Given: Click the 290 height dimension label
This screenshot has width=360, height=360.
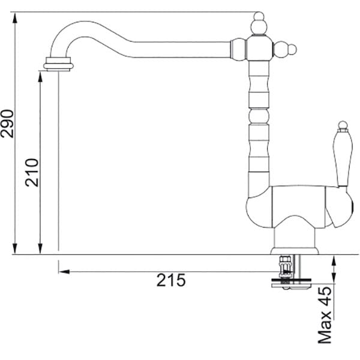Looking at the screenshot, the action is [x=7, y=124].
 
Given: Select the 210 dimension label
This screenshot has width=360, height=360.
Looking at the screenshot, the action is [x=32, y=172].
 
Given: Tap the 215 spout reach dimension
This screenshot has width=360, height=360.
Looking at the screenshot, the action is [x=171, y=280].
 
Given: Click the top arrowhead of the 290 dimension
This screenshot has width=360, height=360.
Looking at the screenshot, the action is [x=15, y=17].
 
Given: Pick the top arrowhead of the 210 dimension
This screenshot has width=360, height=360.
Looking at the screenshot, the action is [x=40, y=76].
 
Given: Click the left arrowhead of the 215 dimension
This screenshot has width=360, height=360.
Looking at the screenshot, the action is [x=64, y=272].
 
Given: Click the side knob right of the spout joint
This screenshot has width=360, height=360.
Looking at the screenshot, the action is [x=285, y=49].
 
